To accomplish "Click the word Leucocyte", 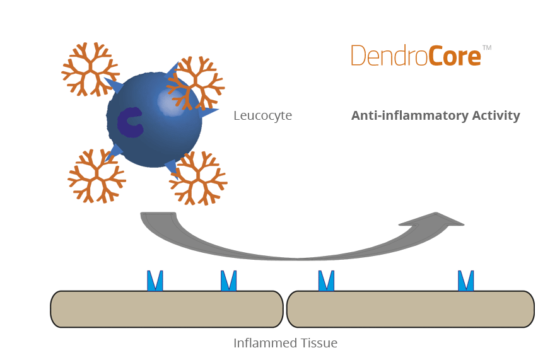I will click(262, 116).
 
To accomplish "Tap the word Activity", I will click(494, 116).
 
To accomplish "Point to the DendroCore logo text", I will click(416, 56).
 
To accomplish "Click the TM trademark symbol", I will click(486, 48).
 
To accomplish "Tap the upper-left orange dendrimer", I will click(90, 69).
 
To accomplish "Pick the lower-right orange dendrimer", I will click(199, 178).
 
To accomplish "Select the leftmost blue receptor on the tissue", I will click(155, 281).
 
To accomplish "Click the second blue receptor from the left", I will click(229, 281).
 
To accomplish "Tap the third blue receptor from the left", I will click(326, 281).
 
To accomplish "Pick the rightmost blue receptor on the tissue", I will click(466, 281).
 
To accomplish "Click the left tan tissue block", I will click(167, 309).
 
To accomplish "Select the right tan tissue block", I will click(410, 309).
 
